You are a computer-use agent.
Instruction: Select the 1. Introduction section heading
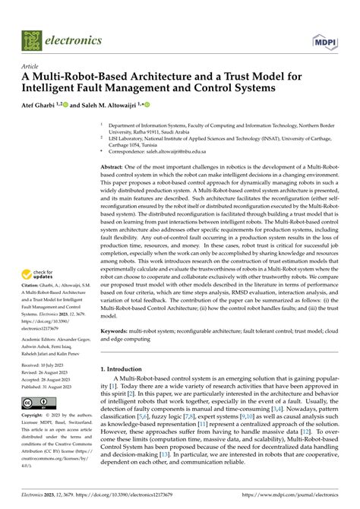click(x=126, y=390)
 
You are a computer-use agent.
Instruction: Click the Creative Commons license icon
click(x=36, y=403)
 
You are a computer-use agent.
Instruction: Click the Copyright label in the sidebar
click(x=36, y=417)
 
